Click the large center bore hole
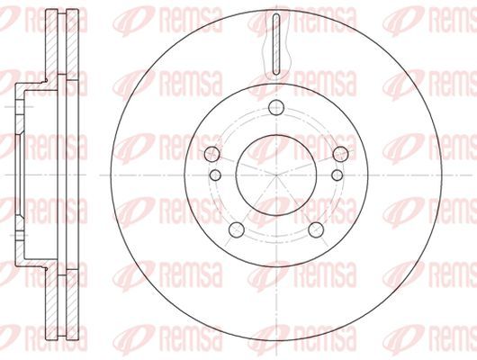(x=276, y=175)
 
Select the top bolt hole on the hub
(x=276, y=107)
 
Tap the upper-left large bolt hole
(x=212, y=154)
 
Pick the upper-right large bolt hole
(x=340, y=154)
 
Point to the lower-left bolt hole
(x=237, y=229)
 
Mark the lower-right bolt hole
(x=316, y=229)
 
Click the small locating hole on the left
(x=215, y=175)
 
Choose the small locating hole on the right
(x=337, y=175)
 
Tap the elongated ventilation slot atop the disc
(x=276, y=44)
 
